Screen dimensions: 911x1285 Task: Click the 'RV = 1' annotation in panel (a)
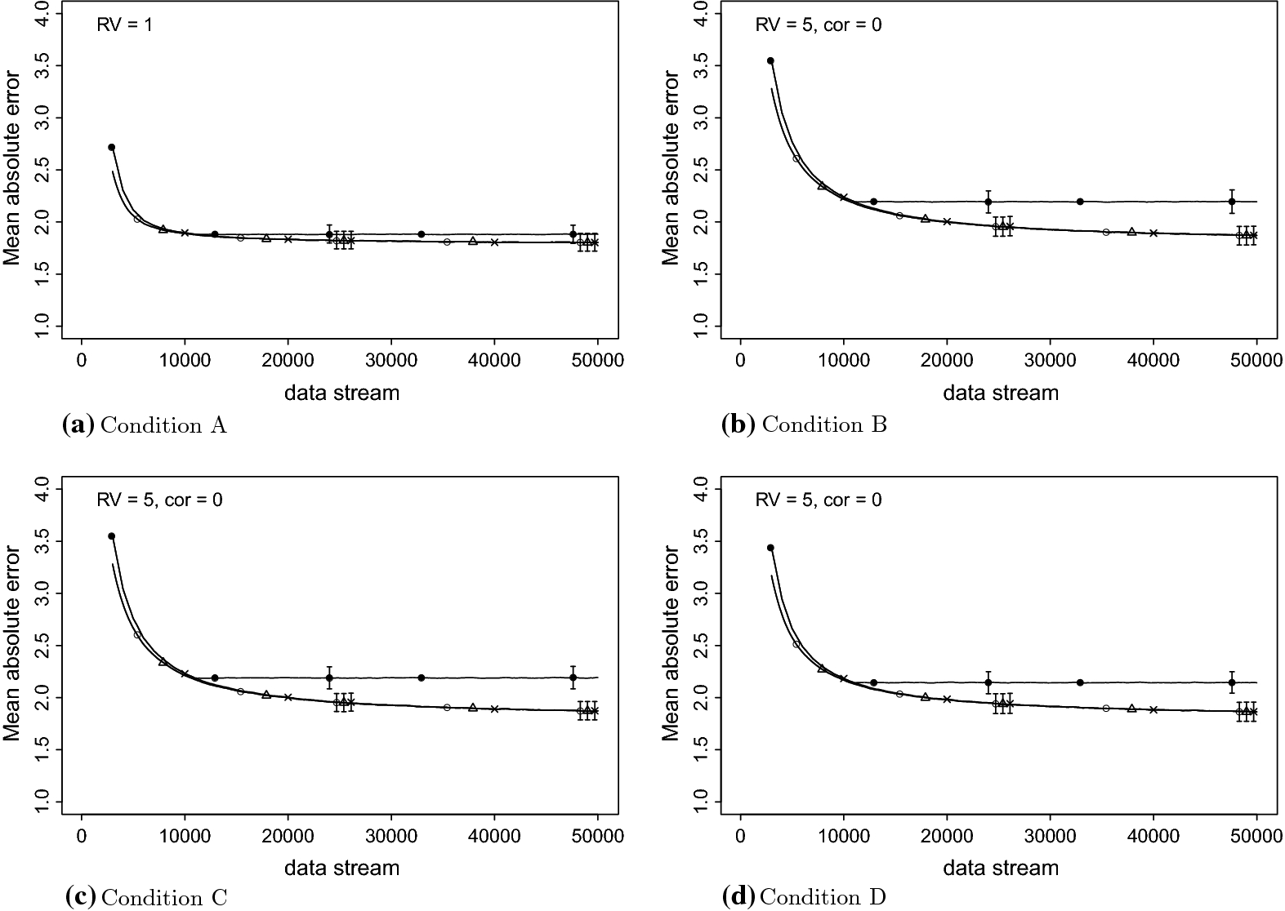click(x=124, y=24)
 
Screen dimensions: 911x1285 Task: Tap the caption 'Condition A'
click(x=163, y=425)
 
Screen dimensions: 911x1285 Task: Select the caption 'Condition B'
click(x=823, y=425)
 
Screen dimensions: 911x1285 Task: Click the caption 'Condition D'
click(x=823, y=898)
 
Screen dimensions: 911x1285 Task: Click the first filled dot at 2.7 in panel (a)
click(x=112, y=147)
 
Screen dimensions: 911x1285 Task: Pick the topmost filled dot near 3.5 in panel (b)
click(x=770, y=60)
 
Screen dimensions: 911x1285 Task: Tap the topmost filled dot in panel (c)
click(x=112, y=536)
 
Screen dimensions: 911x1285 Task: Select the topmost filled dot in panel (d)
click(x=770, y=548)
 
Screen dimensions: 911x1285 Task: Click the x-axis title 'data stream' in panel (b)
click(x=1001, y=393)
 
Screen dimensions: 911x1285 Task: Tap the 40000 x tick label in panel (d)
click(x=1153, y=836)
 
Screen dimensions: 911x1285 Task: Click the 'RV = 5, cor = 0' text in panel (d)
click(x=819, y=500)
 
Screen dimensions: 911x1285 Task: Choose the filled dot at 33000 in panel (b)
click(x=1080, y=202)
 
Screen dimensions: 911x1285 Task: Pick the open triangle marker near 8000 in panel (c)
click(x=163, y=661)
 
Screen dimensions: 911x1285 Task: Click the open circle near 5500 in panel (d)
click(x=796, y=644)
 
